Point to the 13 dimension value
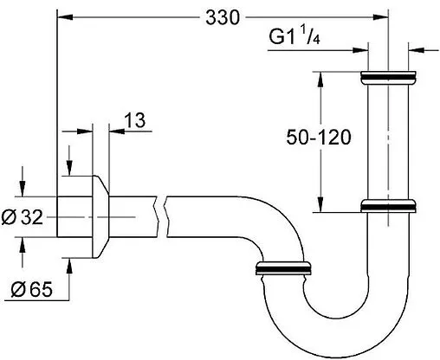pos(134,121)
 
